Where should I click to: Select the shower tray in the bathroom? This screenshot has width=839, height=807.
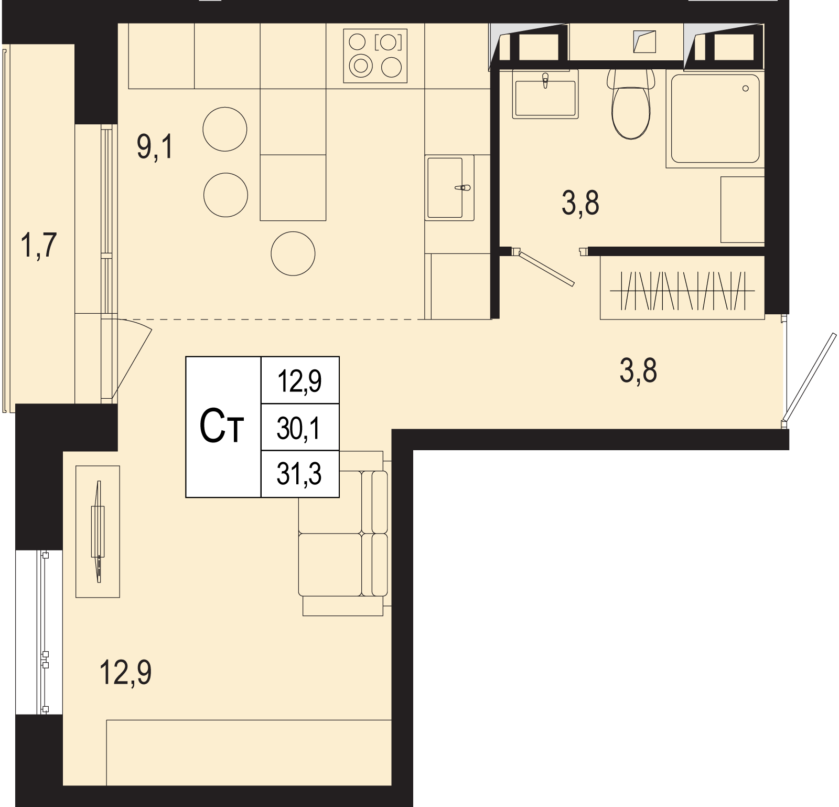click(x=715, y=119)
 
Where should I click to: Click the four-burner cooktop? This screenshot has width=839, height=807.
click(x=375, y=56)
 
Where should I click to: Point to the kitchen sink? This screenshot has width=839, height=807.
click(x=449, y=187)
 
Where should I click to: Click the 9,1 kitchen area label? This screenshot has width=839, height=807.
click(x=155, y=146)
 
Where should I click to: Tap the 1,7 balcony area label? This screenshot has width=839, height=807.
click(x=38, y=245)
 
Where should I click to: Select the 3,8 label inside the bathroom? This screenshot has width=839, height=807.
click(x=580, y=203)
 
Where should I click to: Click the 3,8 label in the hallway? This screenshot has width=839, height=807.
click(x=638, y=370)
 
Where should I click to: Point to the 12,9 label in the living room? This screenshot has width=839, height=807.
click(x=126, y=672)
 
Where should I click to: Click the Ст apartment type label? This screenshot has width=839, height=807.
click(x=222, y=427)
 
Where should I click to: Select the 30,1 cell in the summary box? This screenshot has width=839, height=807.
click(x=299, y=428)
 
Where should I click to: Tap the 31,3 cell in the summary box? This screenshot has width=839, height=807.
click(x=299, y=474)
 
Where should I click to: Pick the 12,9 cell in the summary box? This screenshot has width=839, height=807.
click(x=299, y=381)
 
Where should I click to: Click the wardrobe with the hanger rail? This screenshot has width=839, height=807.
click(x=682, y=288)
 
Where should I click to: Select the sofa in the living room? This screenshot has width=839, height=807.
click(x=343, y=533)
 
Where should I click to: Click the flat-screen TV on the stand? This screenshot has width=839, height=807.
click(x=98, y=532)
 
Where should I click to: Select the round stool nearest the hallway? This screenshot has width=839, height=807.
click(x=293, y=253)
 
